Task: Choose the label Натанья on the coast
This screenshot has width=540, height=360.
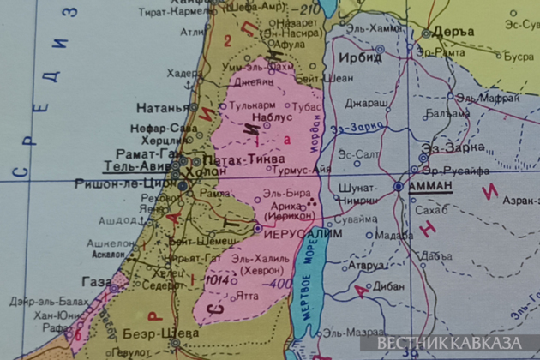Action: click(x=162, y=108)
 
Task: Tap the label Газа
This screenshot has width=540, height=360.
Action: click(x=96, y=281)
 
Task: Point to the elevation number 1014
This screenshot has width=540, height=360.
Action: click(x=217, y=279)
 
